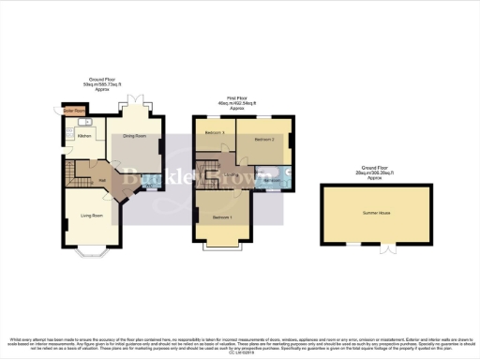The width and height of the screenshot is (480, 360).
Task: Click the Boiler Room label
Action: click(73, 109)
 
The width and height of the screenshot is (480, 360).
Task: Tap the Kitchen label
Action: click(82, 136)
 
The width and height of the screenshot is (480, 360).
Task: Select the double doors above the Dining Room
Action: click(136, 100)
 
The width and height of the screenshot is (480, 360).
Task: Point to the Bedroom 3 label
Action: click(216, 132)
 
